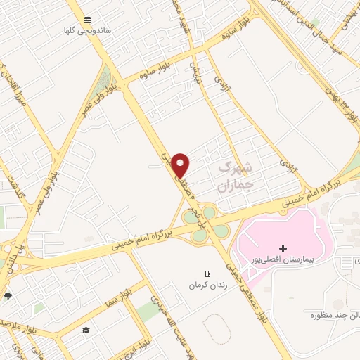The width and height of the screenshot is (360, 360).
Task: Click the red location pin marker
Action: coord(181,165)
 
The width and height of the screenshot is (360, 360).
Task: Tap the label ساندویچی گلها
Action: coord(69,31)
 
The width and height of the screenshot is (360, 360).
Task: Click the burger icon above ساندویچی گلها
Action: coord(86,20)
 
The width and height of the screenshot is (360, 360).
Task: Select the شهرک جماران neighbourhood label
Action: coord(234,177)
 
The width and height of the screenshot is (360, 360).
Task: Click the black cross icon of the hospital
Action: coord(283,248)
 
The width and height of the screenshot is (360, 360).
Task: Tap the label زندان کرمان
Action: coord(207,286)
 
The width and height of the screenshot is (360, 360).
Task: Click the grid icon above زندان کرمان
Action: coord(207,274)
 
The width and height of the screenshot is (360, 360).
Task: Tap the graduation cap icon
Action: coord(85,330)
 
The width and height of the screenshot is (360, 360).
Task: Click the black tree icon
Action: coord(7,296)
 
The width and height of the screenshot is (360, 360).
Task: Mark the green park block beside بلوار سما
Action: coord(148,309)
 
